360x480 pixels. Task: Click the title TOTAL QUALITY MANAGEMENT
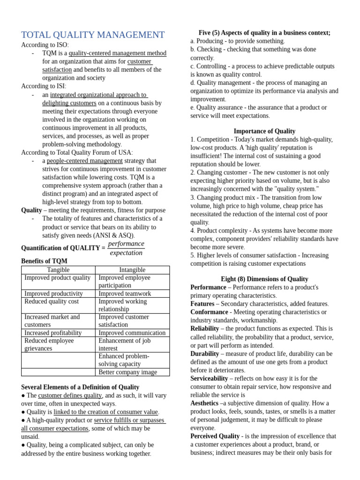click(93, 35)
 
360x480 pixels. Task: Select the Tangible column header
click(58, 270)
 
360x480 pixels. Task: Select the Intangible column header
click(132, 270)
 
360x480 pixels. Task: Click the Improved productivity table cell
click(53, 293)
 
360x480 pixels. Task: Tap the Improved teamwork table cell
click(125, 293)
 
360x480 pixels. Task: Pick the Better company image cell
click(127, 372)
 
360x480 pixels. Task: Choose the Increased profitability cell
click(53, 333)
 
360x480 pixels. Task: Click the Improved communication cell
click(132, 333)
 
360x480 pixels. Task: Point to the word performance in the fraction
click(126, 244)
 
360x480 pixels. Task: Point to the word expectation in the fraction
click(126, 253)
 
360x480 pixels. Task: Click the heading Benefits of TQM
click(44, 261)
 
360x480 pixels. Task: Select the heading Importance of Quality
click(264, 131)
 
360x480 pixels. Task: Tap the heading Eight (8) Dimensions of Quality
click(264, 279)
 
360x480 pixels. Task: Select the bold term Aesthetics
click(204, 403)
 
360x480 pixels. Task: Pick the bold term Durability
click(204, 354)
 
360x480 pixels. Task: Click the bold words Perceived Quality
click(215, 436)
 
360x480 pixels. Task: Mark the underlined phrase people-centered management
click(84, 161)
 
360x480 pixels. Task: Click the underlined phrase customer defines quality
click(70, 396)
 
